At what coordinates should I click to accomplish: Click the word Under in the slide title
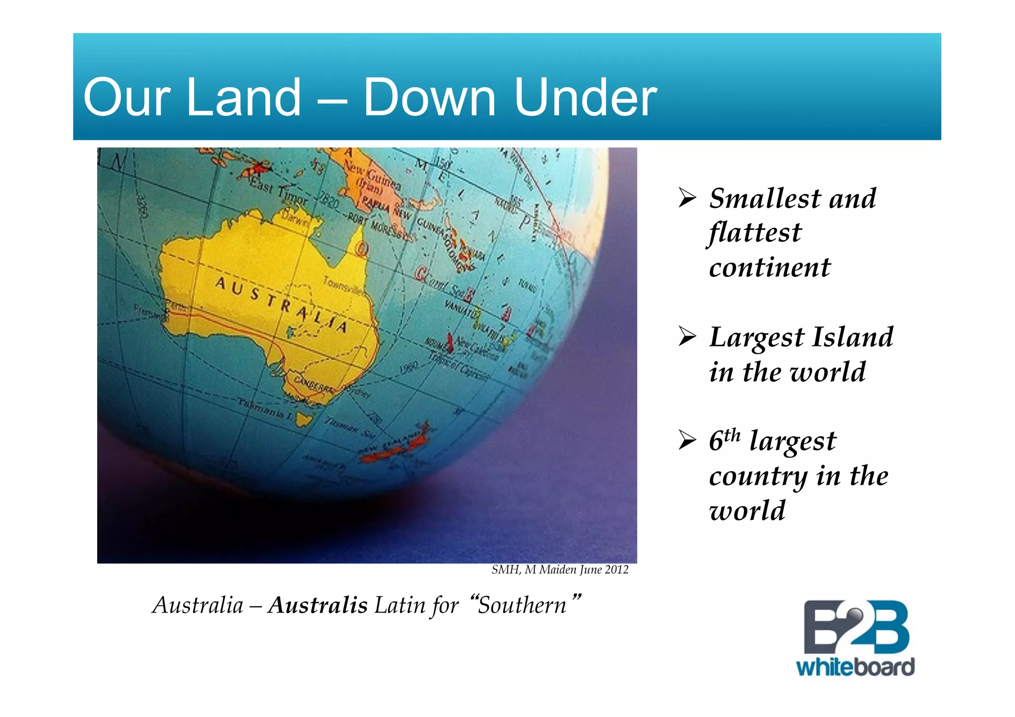tap(585, 98)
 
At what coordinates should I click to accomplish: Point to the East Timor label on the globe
tap(279, 191)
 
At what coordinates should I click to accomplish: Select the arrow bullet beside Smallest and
tap(687, 198)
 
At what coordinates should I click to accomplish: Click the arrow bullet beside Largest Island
tap(687, 337)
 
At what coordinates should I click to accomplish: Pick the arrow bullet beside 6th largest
tap(687, 440)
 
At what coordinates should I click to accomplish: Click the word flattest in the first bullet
tap(755, 233)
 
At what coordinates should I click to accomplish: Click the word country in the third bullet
tap(758, 476)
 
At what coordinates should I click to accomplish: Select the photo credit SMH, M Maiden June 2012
tap(560, 570)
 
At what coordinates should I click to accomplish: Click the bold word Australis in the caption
tap(317, 605)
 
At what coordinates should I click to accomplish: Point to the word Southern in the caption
tap(522, 605)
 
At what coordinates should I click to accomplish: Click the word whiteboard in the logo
tap(855, 667)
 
